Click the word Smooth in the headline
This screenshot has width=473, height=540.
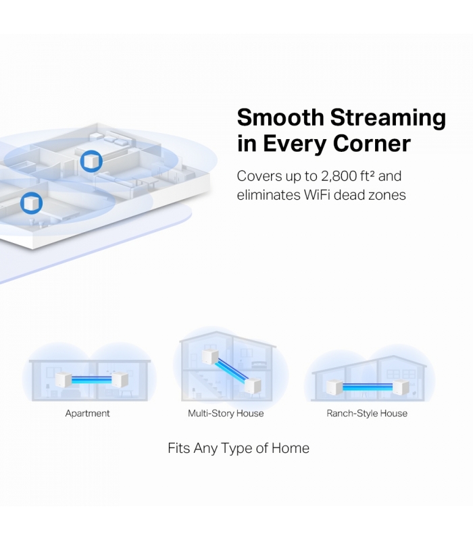click(x=280, y=117)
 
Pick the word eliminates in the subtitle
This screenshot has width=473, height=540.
click(x=268, y=195)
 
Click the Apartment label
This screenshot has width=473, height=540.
click(x=88, y=413)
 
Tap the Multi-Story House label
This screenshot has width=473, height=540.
click(x=226, y=413)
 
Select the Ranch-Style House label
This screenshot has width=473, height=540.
click(x=367, y=413)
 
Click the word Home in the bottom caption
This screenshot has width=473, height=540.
click(x=291, y=448)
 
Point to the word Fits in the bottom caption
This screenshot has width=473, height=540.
click(x=179, y=448)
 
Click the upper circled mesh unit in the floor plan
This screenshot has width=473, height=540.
click(x=91, y=161)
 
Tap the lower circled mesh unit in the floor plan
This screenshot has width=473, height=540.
click(x=31, y=203)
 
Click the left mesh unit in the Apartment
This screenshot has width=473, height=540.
click(x=64, y=379)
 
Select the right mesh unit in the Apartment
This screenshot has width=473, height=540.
click(x=120, y=379)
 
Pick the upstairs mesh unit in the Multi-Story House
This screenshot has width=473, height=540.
click(x=210, y=356)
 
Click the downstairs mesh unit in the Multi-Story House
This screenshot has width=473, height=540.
click(x=253, y=385)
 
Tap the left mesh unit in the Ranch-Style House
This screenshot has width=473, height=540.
click(x=334, y=387)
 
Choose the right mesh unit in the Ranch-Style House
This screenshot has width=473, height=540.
click(x=401, y=387)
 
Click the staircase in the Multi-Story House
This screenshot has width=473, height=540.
click(x=205, y=385)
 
